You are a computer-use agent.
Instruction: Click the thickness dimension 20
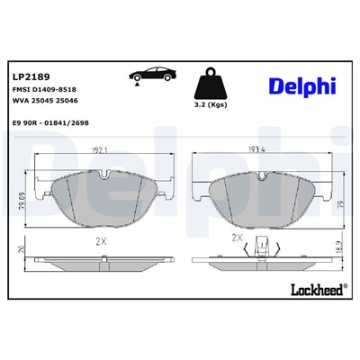pyautogui.click(x=23, y=250)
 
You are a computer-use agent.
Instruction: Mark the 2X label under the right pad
pyautogui.click(x=238, y=238)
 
